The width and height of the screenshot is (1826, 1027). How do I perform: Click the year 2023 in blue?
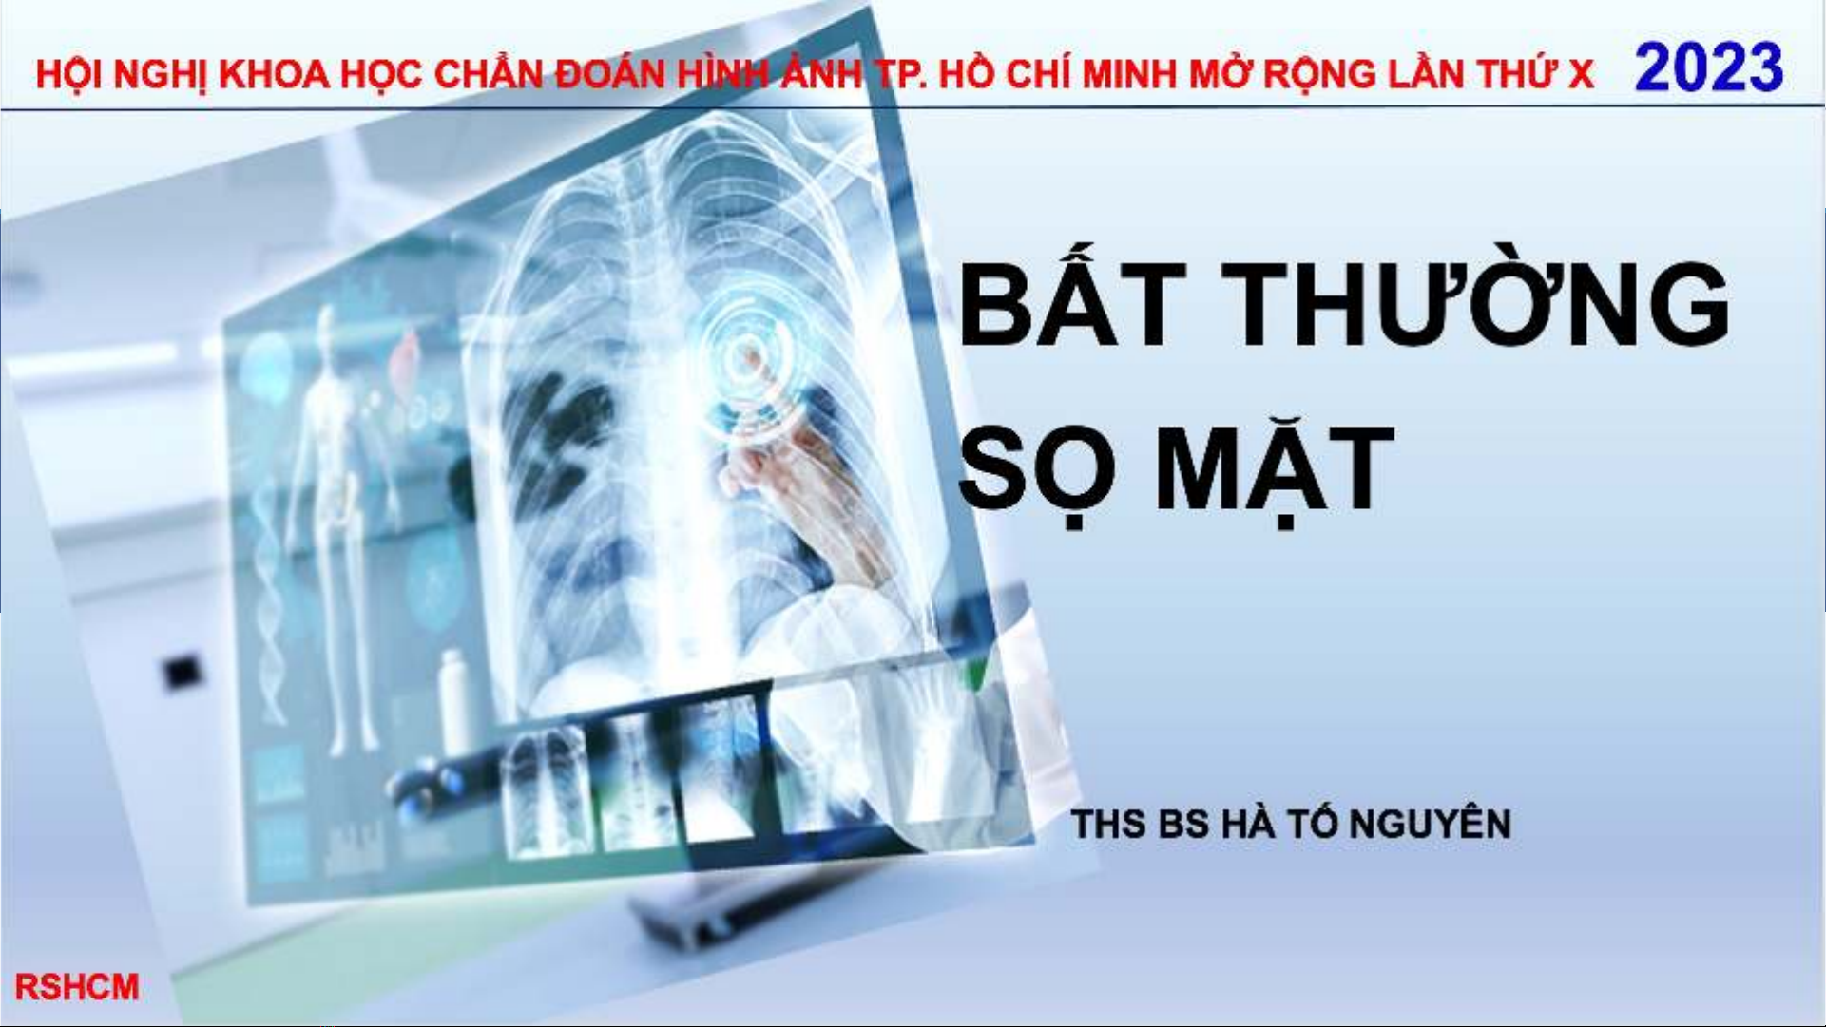click(1708, 67)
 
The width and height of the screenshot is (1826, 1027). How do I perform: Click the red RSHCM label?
click(77, 987)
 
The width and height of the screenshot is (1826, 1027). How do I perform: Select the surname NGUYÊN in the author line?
click(1430, 823)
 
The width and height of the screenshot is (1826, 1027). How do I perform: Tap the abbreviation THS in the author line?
click(1108, 824)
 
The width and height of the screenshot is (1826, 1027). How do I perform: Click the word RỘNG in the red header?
click(1317, 74)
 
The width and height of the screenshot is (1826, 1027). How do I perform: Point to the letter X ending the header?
click(1581, 74)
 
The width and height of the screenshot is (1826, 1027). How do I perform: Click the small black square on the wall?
click(183, 672)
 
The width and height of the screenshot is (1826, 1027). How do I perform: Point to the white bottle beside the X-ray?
click(455, 698)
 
